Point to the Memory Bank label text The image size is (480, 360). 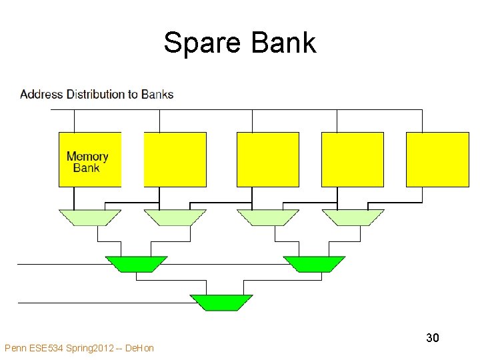pyautogui.click(x=87, y=162)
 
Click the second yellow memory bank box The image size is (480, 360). pyautogui.click(x=175, y=159)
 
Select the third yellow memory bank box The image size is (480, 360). pyautogui.click(x=267, y=159)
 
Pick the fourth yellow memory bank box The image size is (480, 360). pyautogui.click(x=352, y=159)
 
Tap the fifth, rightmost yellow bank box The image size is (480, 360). pyautogui.click(x=437, y=159)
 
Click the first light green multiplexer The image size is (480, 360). pyautogui.click(x=90, y=217)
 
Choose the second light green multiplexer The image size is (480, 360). pyautogui.click(x=175, y=217)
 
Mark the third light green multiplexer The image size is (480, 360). pyautogui.click(x=267, y=217)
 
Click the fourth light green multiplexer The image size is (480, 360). pyautogui.click(x=353, y=217)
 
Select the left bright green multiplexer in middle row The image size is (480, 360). pyautogui.click(x=137, y=264)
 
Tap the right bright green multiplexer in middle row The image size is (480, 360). pyautogui.click(x=314, y=264)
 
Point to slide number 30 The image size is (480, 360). pyautogui.click(x=433, y=338)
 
